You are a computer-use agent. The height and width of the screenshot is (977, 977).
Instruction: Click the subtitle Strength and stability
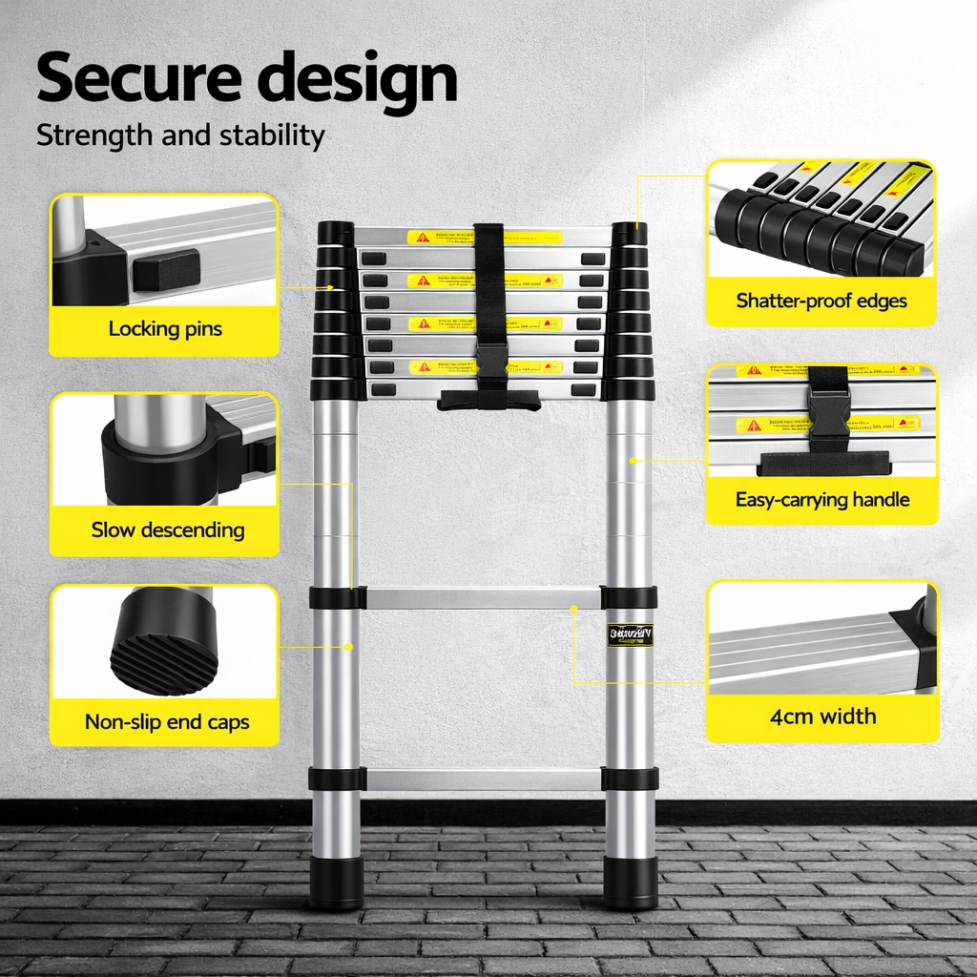[180, 135]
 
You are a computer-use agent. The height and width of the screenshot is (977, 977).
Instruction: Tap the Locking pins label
[165, 329]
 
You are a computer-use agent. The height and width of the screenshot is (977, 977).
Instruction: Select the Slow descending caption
[168, 530]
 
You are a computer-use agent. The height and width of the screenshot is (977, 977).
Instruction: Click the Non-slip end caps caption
[167, 721]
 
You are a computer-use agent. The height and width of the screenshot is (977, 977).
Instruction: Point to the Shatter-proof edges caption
[821, 301]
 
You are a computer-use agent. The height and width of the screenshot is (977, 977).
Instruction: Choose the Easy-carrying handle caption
[822, 500]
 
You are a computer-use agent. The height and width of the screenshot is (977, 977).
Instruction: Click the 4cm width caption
[822, 717]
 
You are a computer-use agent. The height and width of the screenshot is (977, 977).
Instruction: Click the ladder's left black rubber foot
[336, 882]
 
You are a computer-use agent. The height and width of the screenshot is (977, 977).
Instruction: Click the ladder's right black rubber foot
[631, 882]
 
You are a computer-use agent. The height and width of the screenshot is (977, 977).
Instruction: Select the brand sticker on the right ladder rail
[631, 634]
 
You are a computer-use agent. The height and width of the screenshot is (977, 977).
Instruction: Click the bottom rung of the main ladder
[484, 779]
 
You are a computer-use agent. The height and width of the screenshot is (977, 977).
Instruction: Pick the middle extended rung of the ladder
[484, 598]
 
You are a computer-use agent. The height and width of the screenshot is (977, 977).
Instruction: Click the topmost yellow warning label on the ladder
[442, 237]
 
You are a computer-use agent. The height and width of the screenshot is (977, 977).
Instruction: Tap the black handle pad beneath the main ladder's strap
[488, 401]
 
